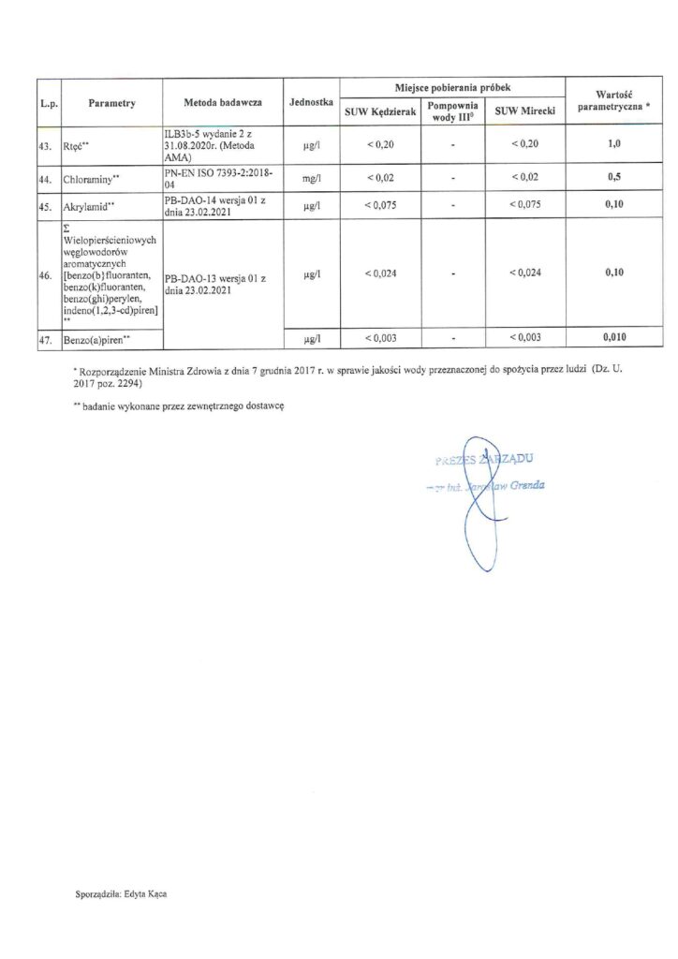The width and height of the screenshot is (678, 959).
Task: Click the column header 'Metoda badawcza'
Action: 222,102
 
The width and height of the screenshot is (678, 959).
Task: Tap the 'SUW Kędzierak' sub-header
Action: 380,111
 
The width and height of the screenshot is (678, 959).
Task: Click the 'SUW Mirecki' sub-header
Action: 525,111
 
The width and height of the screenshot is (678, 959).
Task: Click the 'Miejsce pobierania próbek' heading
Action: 452,85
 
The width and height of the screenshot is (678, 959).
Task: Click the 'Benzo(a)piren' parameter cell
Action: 96,339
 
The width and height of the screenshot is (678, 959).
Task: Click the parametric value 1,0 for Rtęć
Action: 613,146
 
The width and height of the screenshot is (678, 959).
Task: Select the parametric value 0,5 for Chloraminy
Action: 613,177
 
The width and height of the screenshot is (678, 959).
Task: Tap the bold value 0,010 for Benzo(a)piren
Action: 613,337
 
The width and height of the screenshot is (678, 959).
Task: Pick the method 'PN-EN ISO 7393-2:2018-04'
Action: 221,178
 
